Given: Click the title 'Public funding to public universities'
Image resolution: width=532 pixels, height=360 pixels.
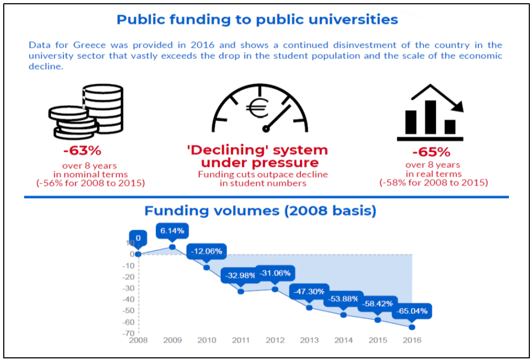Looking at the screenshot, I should tap(257, 20).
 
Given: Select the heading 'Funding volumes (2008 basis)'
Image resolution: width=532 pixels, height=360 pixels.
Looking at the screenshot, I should tap(260, 211).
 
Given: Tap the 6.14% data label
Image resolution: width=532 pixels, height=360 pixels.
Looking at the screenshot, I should tap(172, 231).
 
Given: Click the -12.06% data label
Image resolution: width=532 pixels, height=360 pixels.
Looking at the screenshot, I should tap(207, 251).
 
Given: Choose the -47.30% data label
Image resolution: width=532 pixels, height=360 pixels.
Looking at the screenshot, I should tap(309, 291).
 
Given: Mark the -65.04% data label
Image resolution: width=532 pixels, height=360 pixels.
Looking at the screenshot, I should tap(412, 311).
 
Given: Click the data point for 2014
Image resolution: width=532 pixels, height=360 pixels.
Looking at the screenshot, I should tap(344, 315).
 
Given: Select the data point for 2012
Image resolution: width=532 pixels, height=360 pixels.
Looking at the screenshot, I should tap(275, 289).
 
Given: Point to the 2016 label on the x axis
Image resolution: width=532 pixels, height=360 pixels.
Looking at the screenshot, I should tap(412, 340).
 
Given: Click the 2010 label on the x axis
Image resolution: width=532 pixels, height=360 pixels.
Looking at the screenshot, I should tap(207, 340).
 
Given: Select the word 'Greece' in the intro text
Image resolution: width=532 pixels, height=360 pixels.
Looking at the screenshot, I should tap(83, 45).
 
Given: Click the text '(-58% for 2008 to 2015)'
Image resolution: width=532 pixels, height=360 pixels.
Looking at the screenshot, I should tap(433, 182).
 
